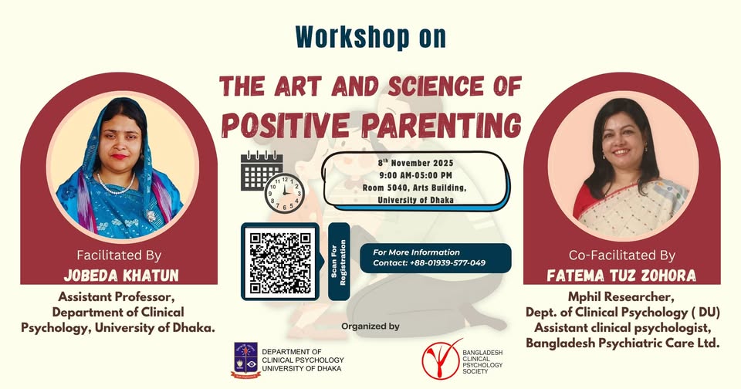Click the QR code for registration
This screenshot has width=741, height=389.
(x=279, y=262)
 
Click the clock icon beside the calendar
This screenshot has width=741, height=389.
(x=284, y=193)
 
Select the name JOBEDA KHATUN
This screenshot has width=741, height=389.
(x=121, y=275)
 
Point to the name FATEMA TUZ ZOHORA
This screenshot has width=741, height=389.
(x=621, y=275)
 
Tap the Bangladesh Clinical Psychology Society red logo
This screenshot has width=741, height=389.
(x=441, y=359)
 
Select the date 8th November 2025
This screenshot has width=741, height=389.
(x=415, y=163)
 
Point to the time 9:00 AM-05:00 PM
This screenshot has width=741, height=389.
(x=415, y=175)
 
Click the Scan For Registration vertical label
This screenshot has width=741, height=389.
(x=339, y=262)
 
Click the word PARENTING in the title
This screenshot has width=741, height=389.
(x=442, y=125)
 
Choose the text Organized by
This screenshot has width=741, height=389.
(x=370, y=326)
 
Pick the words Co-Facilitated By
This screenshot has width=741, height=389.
(x=622, y=255)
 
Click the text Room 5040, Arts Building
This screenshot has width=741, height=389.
(x=414, y=188)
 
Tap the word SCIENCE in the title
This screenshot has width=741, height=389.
(x=435, y=86)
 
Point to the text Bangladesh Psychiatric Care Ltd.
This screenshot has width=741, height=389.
(x=623, y=343)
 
